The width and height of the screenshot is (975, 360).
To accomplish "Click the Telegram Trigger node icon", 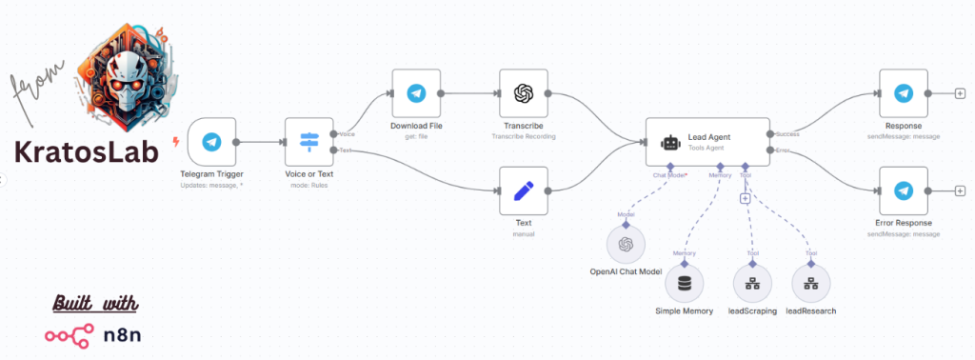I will pos(211,142).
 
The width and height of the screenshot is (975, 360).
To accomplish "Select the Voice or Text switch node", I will pos(310,142).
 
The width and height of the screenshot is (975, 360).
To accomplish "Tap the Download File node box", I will pos(415,93).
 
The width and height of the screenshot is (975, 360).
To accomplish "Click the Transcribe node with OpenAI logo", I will pos(523,93).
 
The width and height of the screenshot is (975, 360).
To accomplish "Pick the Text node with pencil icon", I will pos(523,190).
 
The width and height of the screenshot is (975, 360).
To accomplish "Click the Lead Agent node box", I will pos(706,142).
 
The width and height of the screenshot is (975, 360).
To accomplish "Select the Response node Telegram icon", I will pos(903,93).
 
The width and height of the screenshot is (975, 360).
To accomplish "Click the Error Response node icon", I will pos(903,190).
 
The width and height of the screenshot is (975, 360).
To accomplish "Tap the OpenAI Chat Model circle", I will pos(626,245).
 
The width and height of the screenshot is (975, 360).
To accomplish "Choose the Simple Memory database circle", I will pos(684,283).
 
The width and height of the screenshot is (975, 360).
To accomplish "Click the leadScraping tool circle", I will pos(752,283).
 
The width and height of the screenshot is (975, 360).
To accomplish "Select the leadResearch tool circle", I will pos(810,283).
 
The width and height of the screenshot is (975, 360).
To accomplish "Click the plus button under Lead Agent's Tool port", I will pos(745,198).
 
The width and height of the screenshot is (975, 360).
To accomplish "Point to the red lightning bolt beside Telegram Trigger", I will pos(175,142).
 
